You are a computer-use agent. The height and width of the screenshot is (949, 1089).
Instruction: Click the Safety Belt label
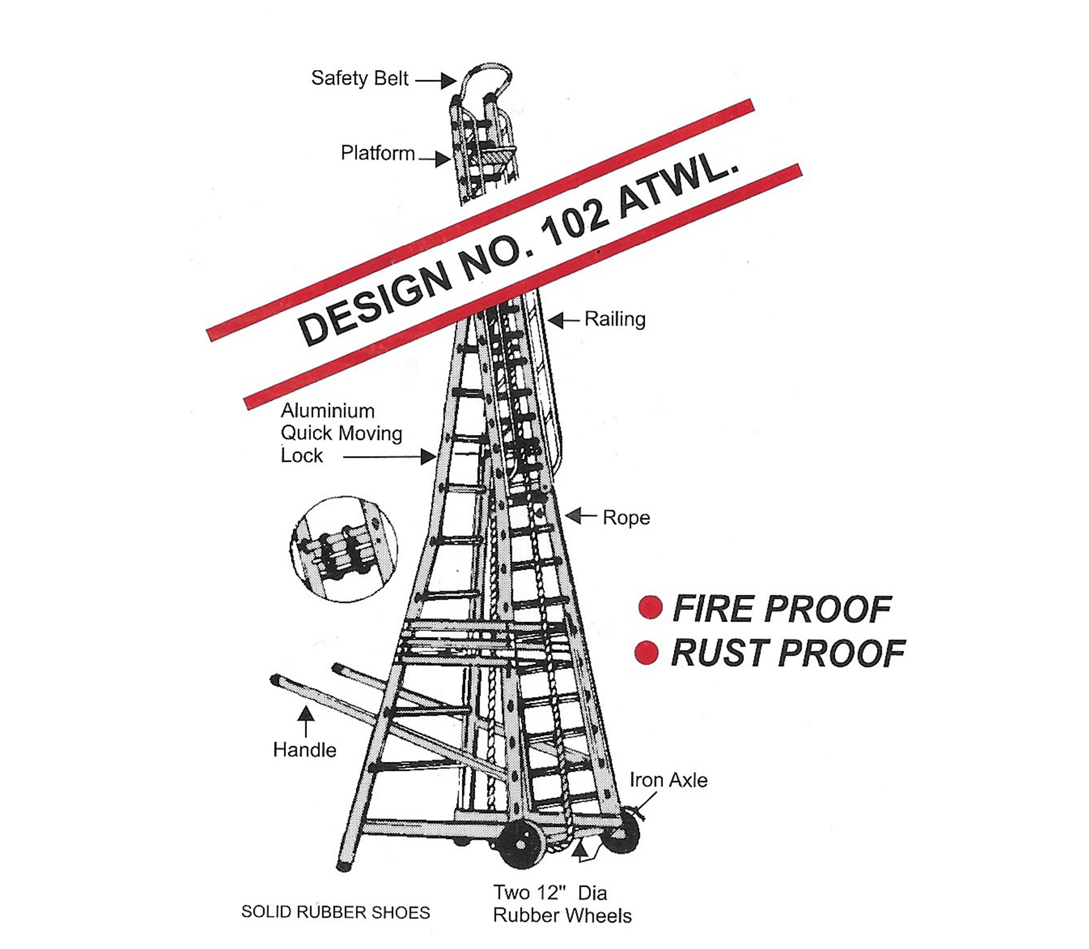pos(359,79)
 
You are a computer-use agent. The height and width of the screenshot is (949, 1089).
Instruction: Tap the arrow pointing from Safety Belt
pos(436,81)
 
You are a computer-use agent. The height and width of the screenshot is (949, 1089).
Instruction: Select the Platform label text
pos(377,153)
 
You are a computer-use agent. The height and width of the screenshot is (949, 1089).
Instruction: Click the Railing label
pos(615,319)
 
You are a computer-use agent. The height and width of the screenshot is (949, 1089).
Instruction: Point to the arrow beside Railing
pos(564,319)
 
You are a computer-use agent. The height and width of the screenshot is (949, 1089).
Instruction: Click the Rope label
pos(626,517)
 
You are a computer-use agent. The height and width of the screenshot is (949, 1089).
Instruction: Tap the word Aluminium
pos(328,411)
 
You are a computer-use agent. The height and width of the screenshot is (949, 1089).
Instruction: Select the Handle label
pos(304,750)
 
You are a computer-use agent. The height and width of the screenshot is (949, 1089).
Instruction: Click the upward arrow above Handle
pos(306,722)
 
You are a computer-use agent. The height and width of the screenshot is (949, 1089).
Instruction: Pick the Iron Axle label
pos(668,780)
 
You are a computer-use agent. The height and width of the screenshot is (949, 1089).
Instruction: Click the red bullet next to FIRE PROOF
pos(651,607)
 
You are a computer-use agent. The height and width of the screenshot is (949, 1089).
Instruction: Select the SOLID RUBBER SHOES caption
pos(336,912)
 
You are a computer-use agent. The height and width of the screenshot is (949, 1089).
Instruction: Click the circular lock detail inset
pos(344,549)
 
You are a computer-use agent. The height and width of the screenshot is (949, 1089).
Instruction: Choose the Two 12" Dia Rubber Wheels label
pos(562,904)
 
